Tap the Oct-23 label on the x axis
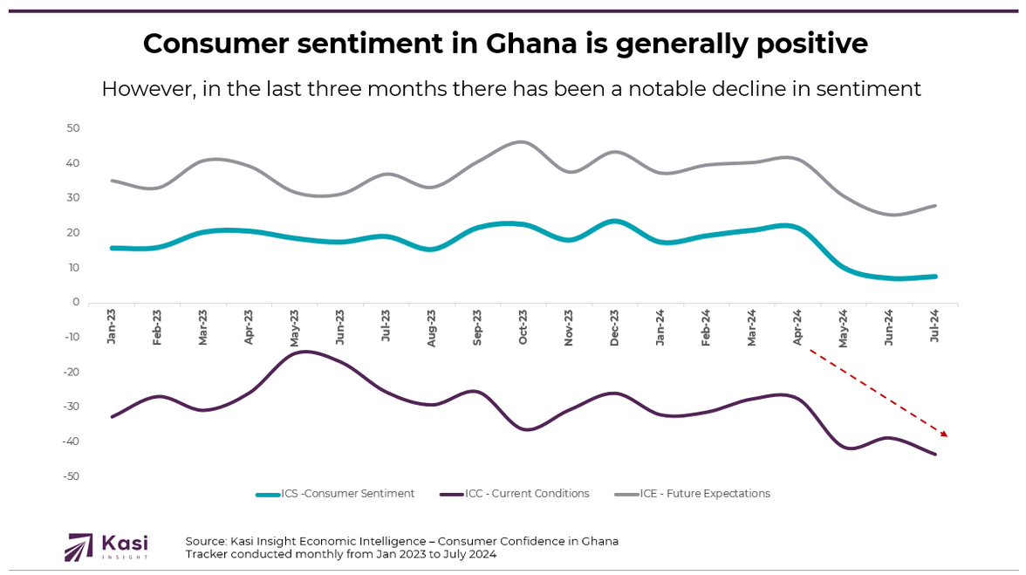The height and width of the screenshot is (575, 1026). [523, 327]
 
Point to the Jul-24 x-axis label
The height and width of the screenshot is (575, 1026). [935, 327]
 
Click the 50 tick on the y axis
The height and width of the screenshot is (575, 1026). [73, 128]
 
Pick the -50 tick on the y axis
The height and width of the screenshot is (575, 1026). [72, 476]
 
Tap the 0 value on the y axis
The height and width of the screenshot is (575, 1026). [77, 303]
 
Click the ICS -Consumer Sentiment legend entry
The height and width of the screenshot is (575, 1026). [336, 494]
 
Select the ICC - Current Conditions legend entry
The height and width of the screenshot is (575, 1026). [515, 494]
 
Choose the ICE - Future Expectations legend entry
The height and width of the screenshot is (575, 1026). [693, 494]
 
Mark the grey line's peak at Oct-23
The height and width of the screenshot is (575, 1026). [522, 141]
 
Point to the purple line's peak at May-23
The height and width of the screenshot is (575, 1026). [305, 352]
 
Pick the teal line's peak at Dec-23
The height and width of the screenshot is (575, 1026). [615, 221]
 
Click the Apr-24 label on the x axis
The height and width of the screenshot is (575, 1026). [797, 327]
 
